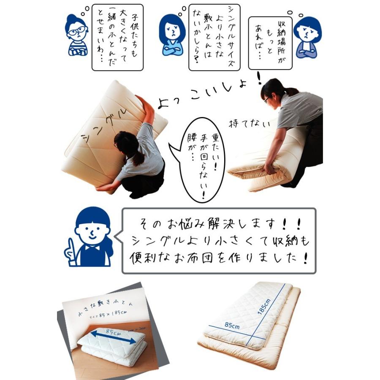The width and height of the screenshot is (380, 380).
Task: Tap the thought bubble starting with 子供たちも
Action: point(117,38)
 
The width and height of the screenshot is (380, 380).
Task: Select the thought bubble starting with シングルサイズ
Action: point(214,37)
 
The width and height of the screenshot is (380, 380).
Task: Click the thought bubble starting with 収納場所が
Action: point(270,42)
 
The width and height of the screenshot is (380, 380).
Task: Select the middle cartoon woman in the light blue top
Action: point(172,36)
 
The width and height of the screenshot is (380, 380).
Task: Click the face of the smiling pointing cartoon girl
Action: point(92,231)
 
